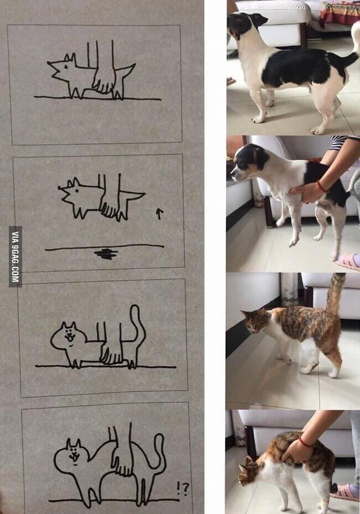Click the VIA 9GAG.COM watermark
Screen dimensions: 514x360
point(15,256)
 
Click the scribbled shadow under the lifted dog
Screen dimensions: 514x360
point(106,254)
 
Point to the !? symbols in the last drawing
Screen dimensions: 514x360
point(183,488)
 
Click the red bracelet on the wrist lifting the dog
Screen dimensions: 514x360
point(321,187)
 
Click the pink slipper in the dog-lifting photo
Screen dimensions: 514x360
point(348,262)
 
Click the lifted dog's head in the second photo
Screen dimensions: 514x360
point(247,163)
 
